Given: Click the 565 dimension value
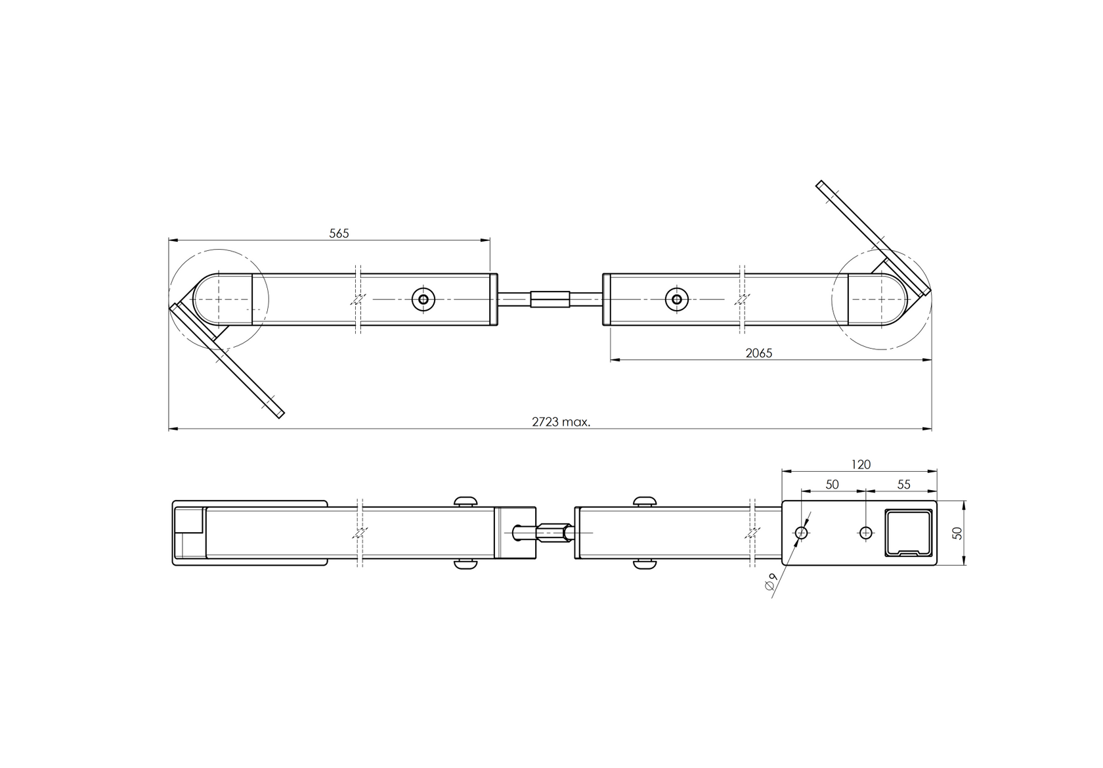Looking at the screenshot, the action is click(x=339, y=233).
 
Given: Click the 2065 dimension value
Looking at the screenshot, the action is click(x=759, y=353).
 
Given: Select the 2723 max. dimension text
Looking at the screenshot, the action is click(x=561, y=422).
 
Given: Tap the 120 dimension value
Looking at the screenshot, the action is click(x=861, y=464).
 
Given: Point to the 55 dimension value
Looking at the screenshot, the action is click(x=903, y=484).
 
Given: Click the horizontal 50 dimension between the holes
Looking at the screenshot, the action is click(x=833, y=484).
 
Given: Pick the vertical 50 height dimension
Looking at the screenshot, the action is click(x=957, y=533).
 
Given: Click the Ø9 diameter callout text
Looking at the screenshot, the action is click(x=771, y=581).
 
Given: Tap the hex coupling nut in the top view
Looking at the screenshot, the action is click(x=550, y=299).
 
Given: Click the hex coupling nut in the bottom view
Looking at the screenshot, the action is click(x=555, y=533).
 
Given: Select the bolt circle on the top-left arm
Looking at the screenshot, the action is click(x=423, y=299).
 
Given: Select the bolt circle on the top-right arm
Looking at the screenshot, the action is click(x=677, y=299).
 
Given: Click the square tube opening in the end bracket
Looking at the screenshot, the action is click(x=909, y=533).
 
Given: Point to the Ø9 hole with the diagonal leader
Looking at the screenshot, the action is click(x=801, y=533).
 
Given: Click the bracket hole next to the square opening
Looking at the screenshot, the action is click(x=865, y=533).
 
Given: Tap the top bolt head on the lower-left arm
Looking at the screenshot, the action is click(x=466, y=501).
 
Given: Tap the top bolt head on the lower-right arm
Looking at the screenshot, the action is click(x=645, y=501).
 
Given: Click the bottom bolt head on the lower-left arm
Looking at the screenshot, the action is click(x=466, y=564).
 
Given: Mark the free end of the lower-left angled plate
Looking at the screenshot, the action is click(x=281, y=415).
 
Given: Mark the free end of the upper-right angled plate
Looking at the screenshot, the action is click(x=819, y=184).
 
